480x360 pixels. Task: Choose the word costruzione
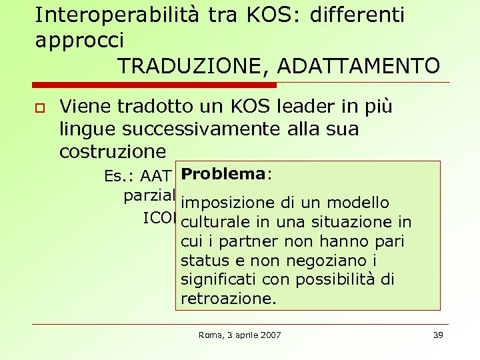click(112, 151)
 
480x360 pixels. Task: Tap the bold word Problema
click(223, 174)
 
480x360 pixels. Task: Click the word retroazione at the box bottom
click(227, 299)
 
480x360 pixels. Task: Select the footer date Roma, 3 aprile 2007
click(240, 335)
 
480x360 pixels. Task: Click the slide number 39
click(437, 335)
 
